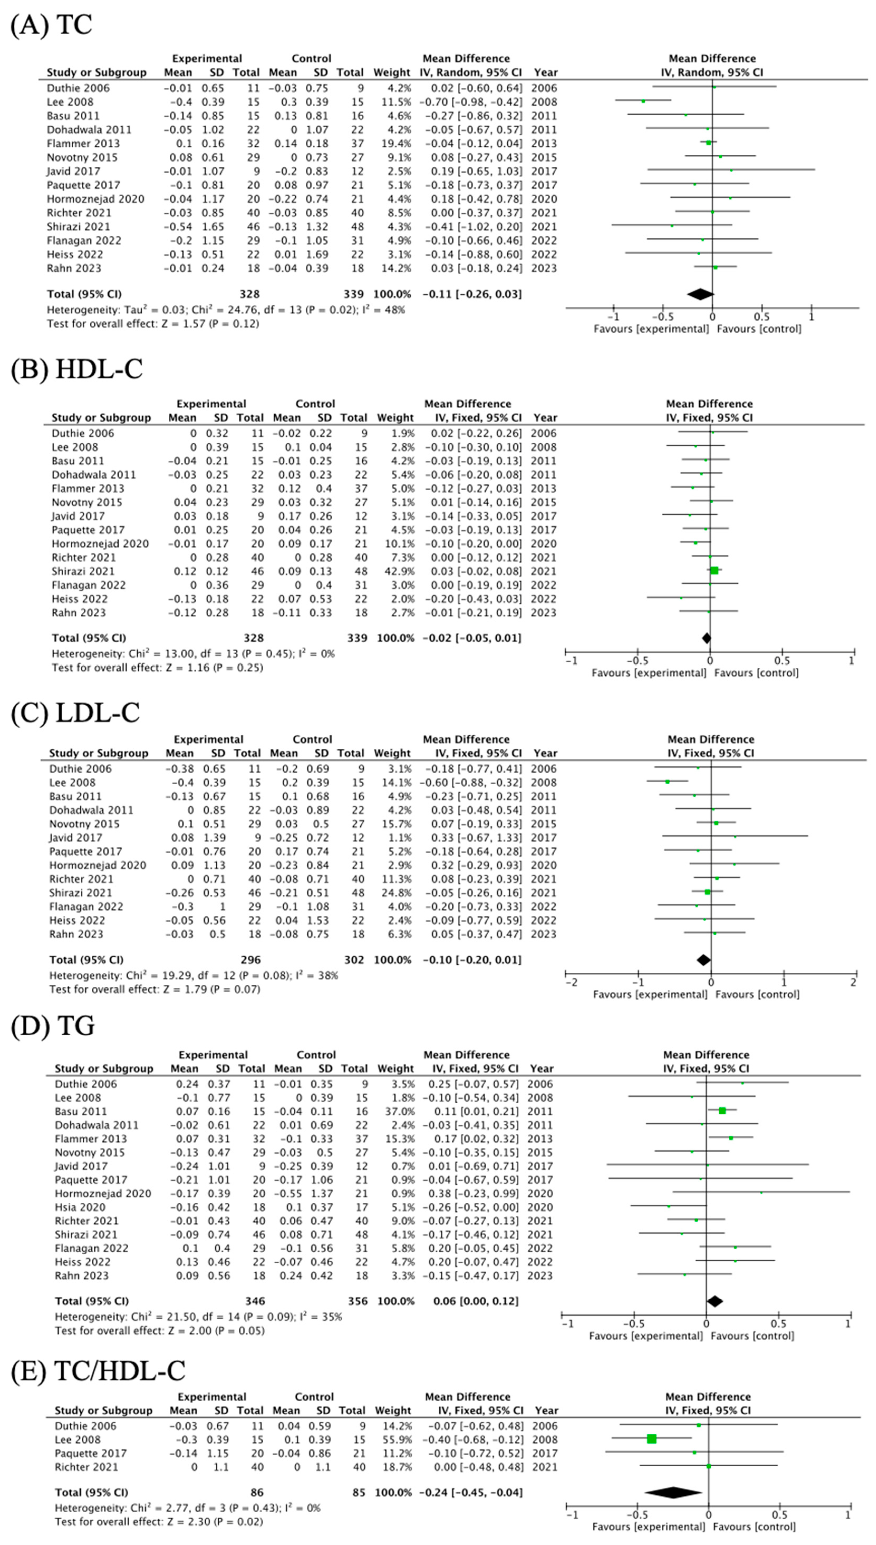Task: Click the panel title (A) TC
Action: [x=52, y=25]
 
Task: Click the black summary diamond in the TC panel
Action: [x=700, y=294]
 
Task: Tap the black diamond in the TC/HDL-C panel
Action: [x=673, y=1493]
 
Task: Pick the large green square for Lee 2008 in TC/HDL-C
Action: [x=652, y=1439]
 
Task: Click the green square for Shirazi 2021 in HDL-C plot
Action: [x=714, y=571]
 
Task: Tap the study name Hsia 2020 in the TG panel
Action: [x=80, y=1207]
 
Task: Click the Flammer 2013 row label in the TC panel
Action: [x=83, y=143]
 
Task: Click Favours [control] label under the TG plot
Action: [x=752, y=1336]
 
